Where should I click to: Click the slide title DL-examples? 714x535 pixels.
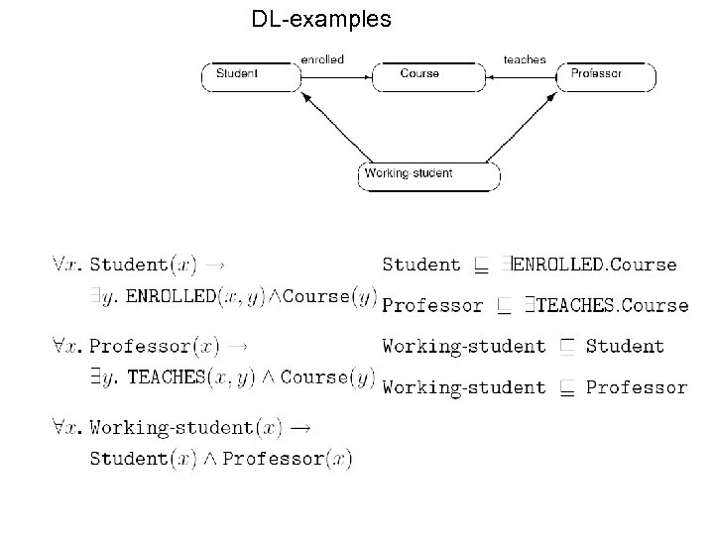321,19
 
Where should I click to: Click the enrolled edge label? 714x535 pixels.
322,59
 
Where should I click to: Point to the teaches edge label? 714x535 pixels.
525,59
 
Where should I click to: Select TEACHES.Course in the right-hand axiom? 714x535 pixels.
612,305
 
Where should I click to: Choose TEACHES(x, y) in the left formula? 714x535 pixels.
202,377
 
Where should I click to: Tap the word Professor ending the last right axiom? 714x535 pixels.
637,386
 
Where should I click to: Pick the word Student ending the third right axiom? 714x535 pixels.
625,347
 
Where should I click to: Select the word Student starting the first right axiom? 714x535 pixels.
421,265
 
